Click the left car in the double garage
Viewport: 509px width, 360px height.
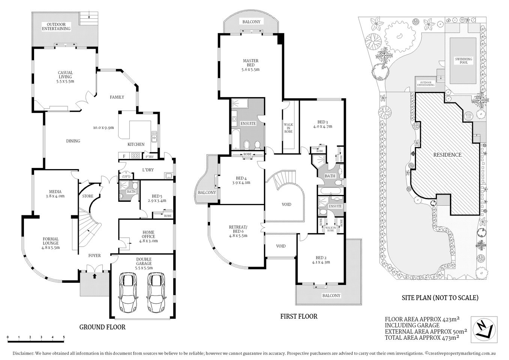128,292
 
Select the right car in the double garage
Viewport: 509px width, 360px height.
156,292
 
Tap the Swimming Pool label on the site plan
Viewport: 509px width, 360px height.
464,61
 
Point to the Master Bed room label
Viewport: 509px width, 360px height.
251,65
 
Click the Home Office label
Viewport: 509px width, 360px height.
148,236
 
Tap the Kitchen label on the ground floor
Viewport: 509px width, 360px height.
136,144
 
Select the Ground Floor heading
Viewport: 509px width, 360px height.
102,327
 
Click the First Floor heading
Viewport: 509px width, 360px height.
299,316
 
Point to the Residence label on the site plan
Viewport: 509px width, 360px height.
447,154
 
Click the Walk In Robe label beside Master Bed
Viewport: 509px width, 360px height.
288,128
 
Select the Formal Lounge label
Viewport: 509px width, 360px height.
50,243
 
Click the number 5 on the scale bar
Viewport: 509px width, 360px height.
64,337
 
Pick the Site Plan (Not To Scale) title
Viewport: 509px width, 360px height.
440,298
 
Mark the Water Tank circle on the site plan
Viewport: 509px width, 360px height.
468,116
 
